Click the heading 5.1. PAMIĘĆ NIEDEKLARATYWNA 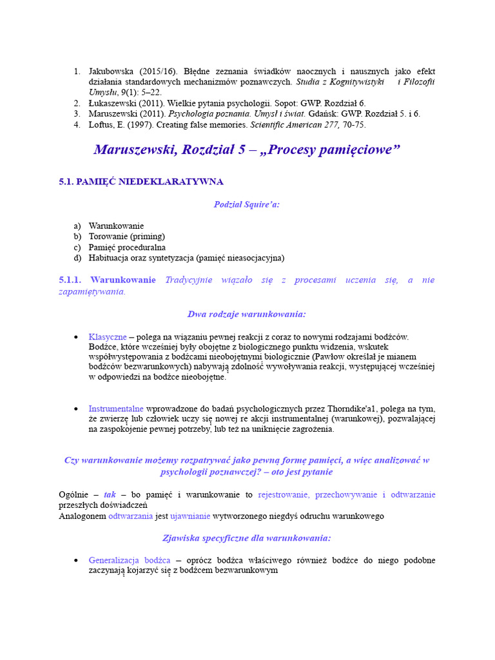(x=141, y=182)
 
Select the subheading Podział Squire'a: (x=247, y=204)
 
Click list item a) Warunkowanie (x=116, y=226)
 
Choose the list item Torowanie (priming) (x=126, y=237)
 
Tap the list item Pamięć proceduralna (x=127, y=247)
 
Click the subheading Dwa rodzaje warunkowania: (x=247, y=314)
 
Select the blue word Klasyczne (x=108, y=336)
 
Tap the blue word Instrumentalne (x=116, y=409)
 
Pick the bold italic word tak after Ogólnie (x=110, y=494)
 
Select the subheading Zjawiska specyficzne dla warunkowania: (x=247, y=538)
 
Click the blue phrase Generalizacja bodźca (x=130, y=560)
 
